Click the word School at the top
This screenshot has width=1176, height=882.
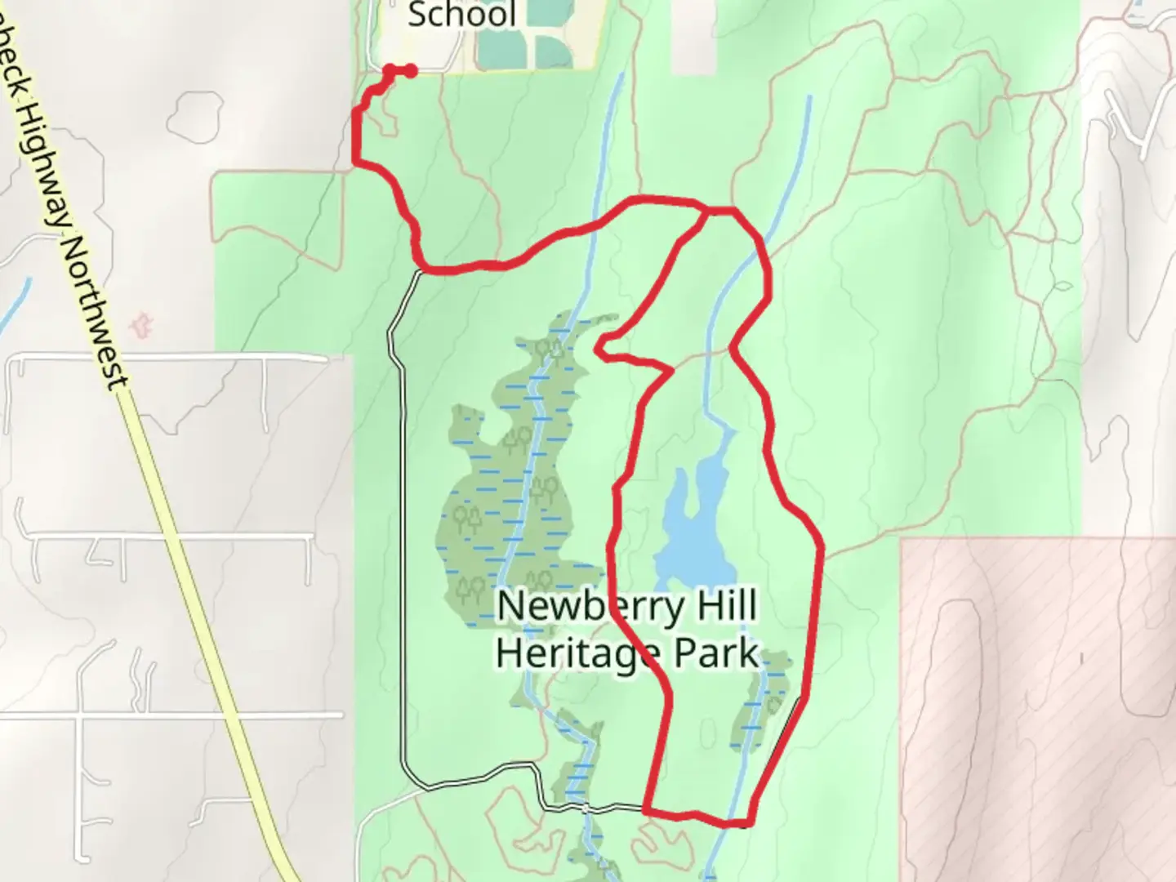[x=461, y=15]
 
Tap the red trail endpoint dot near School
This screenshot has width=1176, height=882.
[x=411, y=72]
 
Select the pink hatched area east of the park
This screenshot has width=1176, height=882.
[x=1037, y=702]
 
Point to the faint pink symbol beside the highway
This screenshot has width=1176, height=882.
[x=144, y=324]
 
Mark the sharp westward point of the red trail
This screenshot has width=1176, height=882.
[x=599, y=349]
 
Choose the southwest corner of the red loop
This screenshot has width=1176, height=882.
[x=647, y=811]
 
